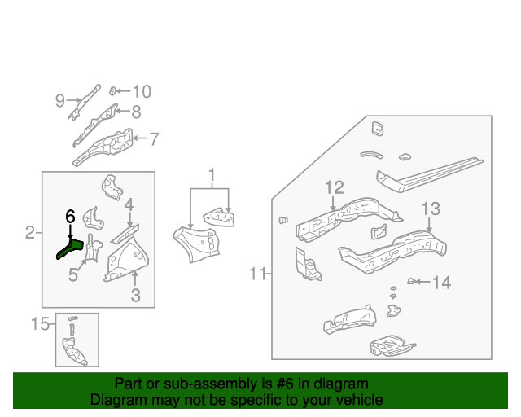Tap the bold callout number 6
click(x=70, y=217)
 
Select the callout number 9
click(x=60, y=101)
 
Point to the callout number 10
click(x=142, y=92)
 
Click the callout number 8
click(x=136, y=113)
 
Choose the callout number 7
click(x=154, y=138)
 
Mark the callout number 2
click(x=30, y=234)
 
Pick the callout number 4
click(x=129, y=204)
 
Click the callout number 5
click(x=73, y=275)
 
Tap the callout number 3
click(x=136, y=296)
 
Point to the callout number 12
click(x=335, y=188)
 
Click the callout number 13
click(x=430, y=208)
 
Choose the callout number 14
click(x=440, y=283)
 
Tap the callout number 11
click(x=258, y=274)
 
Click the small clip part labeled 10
click(x=116, y=91)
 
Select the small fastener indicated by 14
click(x=412, y=282)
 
